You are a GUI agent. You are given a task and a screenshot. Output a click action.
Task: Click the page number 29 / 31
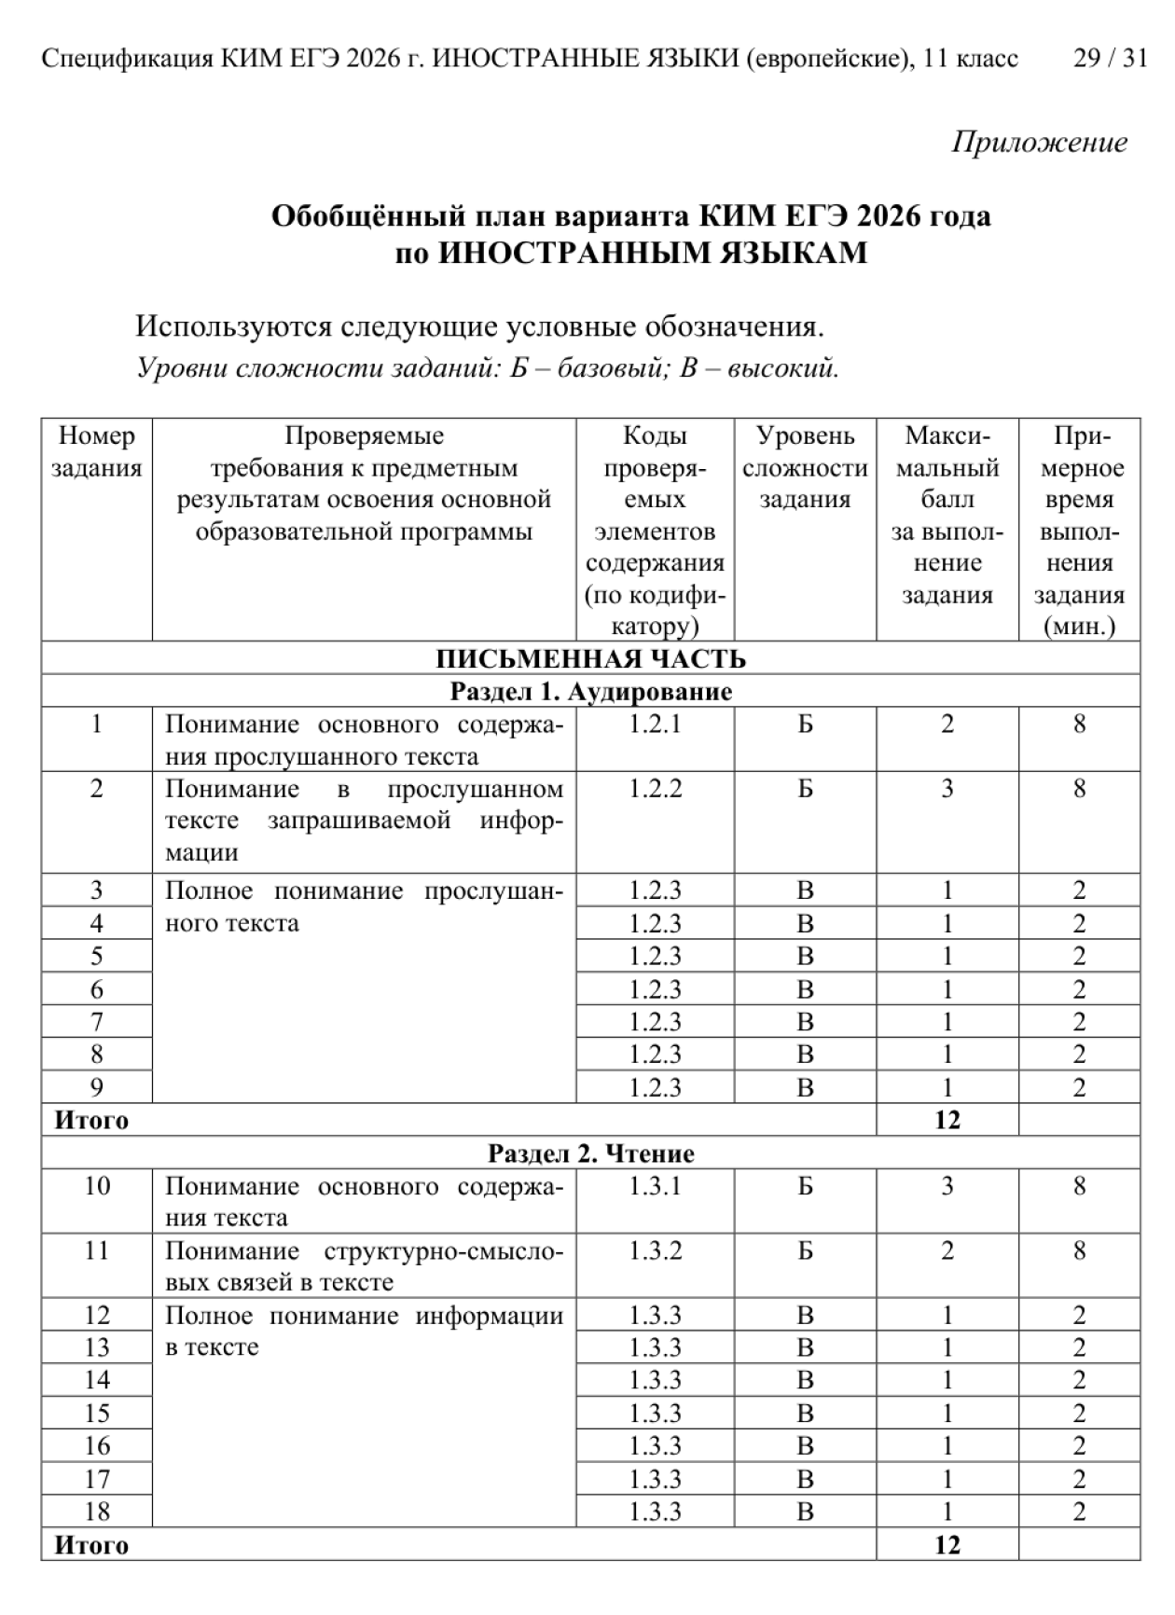tap(1110, 59)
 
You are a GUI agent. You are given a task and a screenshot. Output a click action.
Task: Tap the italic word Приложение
tap(1039, 142)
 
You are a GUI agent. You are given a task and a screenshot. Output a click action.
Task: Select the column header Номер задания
tap(96, 451)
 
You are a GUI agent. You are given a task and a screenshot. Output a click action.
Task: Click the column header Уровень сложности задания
tap(805, 467)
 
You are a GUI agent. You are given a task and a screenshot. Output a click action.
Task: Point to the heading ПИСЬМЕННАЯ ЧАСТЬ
tap(590, 659)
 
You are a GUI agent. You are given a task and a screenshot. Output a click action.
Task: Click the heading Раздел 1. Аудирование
tap(590, 692)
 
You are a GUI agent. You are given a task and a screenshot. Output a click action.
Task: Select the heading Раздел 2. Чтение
tap(590, 1153)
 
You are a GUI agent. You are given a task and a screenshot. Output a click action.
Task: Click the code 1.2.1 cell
tap(655, 725)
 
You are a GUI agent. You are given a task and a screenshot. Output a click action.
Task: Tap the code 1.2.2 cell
tap(655, 789)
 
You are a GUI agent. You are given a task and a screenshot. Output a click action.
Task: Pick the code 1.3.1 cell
tap(655, 1186)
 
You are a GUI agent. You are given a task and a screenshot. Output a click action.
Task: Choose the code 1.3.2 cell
tap(655, 1250)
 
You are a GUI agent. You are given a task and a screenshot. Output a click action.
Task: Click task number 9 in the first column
tap(96, 1087)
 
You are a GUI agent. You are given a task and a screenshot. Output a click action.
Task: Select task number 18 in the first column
tap(96, 1511)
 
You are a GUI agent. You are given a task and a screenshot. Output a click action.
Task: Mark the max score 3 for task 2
tap(947, 789)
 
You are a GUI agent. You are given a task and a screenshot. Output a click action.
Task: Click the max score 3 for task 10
tap(947, 1186)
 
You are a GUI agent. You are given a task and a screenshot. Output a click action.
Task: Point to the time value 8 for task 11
tap(1079, 1250)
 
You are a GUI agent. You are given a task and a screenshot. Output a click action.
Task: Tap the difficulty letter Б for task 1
tap(805, 725)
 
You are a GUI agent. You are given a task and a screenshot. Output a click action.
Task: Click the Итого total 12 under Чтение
tap(947, 1545)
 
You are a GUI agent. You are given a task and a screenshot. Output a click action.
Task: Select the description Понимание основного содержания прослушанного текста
tap(364, 740)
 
